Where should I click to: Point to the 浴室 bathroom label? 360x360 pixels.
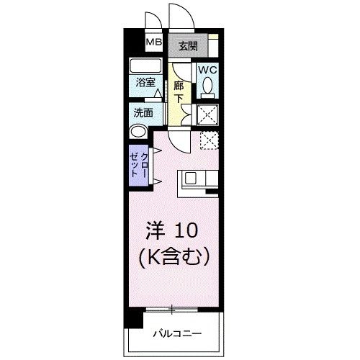click(x=145, y=82)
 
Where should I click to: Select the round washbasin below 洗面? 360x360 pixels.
click(x=138, y=132)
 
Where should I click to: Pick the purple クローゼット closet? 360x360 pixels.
click(x=140, y=167)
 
